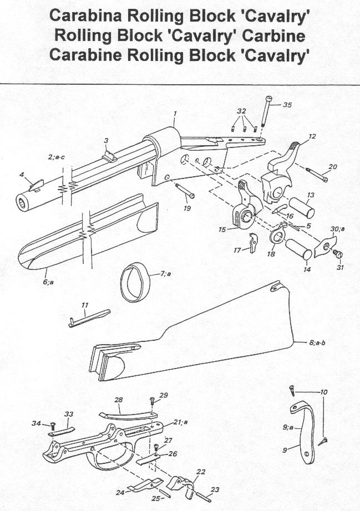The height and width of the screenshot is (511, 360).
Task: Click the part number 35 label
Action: point(287,105)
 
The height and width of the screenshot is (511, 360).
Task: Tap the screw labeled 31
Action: point(338,254)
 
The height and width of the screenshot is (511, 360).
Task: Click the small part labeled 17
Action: point(253,243)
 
